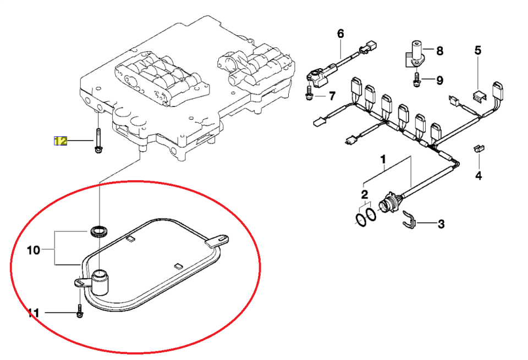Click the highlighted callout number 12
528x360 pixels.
coord(61,141)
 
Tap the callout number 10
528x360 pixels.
coord(34,250)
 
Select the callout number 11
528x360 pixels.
coord(34,313)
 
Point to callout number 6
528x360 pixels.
coord(340,34)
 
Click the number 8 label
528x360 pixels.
coord(439,51)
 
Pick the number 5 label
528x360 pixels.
coord(478,51)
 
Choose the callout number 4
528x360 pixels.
coord(479,175)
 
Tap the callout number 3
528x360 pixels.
coord(441,224)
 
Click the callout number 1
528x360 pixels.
coord(383,159)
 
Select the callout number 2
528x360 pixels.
coord(365,195)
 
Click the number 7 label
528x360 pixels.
coord(332,96)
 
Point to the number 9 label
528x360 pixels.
coord(439,81)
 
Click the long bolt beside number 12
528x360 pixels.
coord(98,141)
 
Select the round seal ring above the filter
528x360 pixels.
coord(98,232)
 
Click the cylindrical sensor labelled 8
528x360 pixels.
coord(416,54)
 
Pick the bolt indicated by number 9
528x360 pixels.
coord(416,79)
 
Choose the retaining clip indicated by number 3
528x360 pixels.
coord(410,219)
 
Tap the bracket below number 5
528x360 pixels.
coord(479,95)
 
